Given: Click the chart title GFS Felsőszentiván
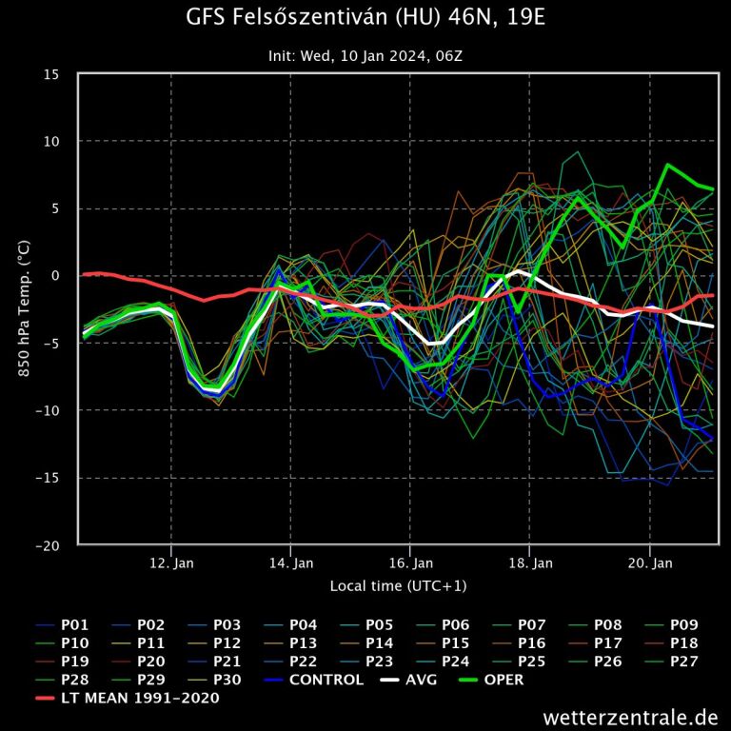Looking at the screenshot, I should [365, 18].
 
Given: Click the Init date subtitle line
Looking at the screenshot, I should [365, 56].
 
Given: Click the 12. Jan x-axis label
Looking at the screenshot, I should [172, 563].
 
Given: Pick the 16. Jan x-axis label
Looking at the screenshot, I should [411, 563].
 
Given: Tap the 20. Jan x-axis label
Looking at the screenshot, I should [650, 563].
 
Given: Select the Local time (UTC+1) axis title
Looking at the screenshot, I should [398, 585].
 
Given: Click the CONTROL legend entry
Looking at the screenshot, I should [314, 680].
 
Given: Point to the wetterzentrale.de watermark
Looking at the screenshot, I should [630, 716].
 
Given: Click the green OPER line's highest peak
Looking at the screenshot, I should [668, 165].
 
